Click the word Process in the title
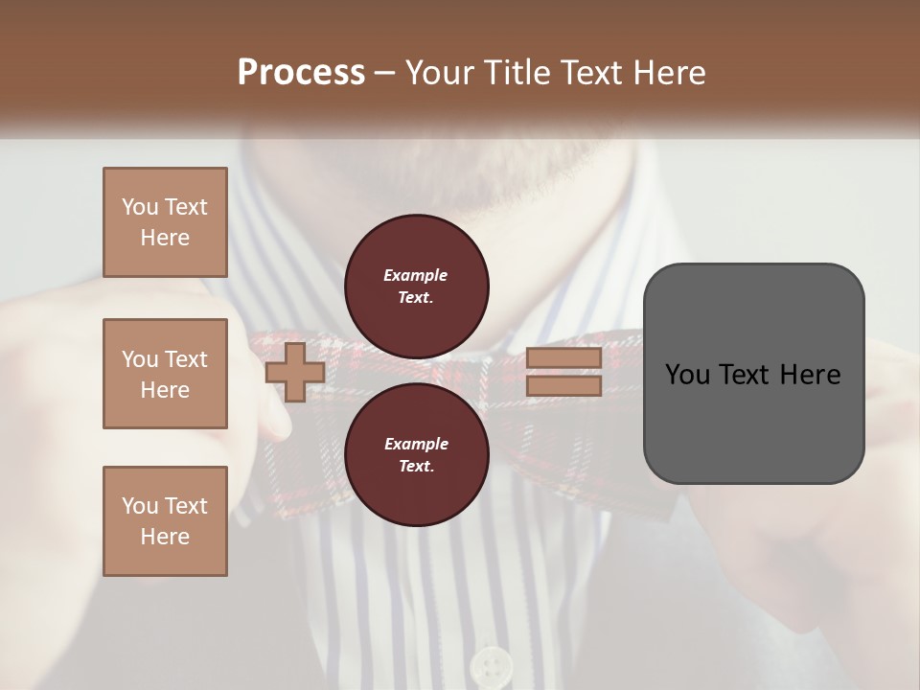(301, 73)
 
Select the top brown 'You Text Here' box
(165, 222)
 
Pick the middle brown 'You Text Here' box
(165, 374)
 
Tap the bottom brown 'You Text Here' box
(165, 521)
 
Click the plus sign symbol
(295, 372)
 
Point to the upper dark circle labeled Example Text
(416, 286)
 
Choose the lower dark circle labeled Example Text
(416, 454)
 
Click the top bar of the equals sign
(563, 358)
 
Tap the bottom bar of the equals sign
(563, 386)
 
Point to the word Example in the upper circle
(416, 275)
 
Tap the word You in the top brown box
(140, 207)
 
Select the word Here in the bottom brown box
(165, 537)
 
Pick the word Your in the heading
(442, 73)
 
